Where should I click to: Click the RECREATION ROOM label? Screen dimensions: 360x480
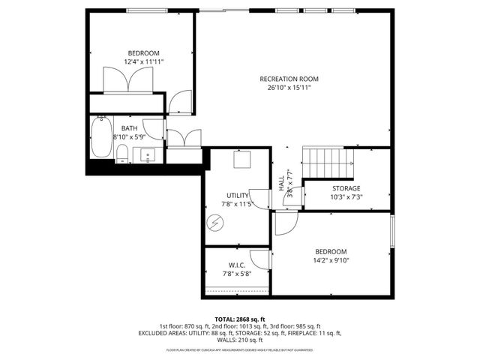click(289, 79)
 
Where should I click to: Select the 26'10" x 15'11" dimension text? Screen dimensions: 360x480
click(289, 88)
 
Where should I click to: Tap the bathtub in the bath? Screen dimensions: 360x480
click(100, 137)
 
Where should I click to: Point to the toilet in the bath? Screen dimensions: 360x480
click(121, 154)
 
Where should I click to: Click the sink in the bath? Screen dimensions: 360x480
click(148, 155)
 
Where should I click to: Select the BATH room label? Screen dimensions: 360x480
click(130, 128)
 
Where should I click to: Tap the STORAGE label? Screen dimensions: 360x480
click(346, 188)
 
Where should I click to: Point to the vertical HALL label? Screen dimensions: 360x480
click(282, 183)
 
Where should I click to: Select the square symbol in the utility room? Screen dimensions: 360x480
click(241, 159)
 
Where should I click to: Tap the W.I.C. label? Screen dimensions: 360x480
click(236, 265)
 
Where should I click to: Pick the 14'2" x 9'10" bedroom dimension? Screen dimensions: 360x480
click(330, 260)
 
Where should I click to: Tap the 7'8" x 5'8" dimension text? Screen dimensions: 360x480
click(236, 274)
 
